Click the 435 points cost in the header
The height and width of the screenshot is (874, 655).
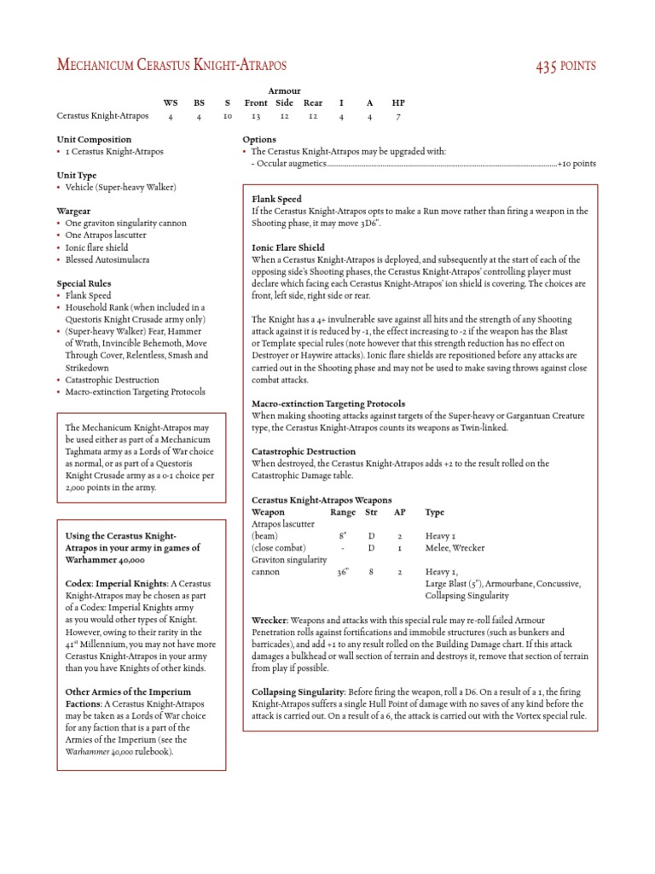[x=565, y=66]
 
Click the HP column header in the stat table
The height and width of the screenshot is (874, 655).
[x=398, y=102]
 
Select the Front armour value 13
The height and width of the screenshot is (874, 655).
[x=255, y=116]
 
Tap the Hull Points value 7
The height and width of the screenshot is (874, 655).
[x=398, y=116]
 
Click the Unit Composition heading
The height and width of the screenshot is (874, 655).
[x=94, y=139]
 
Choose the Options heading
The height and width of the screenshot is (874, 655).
[x=259, y=139]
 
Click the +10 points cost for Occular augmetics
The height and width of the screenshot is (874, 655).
[x=577, y=163]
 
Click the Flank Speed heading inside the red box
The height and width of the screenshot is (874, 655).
[x=276, y=199]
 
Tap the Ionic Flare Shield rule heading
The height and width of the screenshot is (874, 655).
[x=288, y=247]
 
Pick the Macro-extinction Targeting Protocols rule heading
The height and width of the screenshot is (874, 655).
[x=328, y=403]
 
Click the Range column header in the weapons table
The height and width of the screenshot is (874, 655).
[x=343, y=512]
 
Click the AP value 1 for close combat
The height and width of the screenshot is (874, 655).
[x=400, y=548]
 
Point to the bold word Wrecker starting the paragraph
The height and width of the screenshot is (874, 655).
[x=270, y=620]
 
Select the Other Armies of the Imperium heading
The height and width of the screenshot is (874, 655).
[x=128, y=691]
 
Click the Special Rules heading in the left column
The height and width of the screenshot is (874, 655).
[x=84, y=283]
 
